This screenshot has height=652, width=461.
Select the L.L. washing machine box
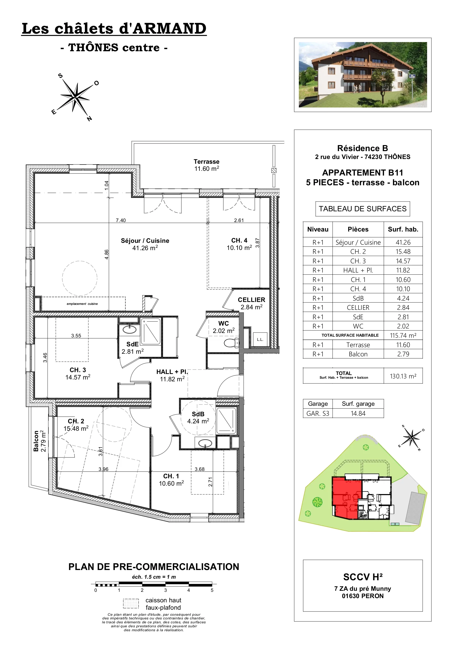click(x=260, y=339)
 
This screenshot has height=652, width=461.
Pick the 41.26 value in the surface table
click(x=403, y=242)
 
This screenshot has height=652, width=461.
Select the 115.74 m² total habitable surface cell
click(x=403, y=335)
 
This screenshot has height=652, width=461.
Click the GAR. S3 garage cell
click(x=317, y=413)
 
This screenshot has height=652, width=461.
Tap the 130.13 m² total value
click(x=403, y=376)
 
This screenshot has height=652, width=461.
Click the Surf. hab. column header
click(x=403, y=229)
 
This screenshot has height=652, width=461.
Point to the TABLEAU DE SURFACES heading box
click(x=362, y=209)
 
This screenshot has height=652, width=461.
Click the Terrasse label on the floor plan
click(x=207, y=162)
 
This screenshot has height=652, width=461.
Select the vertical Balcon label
click(x=36, y=441)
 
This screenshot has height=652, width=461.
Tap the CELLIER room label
click(x=251, y=300)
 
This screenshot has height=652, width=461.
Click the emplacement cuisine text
click(x=82, y=304)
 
